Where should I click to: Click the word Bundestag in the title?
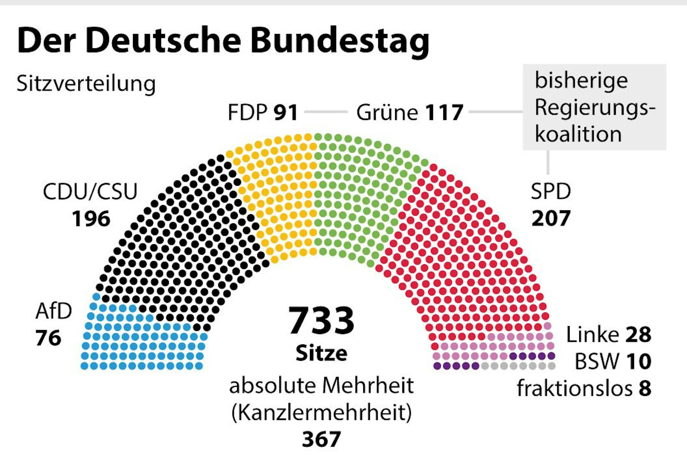pos(340,41)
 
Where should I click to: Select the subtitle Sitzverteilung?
pos(86,84)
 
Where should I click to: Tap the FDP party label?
pos(247,112)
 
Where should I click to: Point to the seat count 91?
pos(286,112)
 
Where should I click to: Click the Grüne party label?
pos(387,112)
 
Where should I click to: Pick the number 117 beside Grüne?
pos(444,112)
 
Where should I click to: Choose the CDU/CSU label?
pos(90,192)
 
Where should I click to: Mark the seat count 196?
pos(91,219)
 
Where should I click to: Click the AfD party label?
pos(54,311)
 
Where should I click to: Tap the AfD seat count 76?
pos(48,338)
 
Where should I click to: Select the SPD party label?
pos(551,191)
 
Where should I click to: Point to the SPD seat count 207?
pos(551,218)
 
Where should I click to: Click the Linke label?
pos(592,334)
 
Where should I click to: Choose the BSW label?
pos(597,362)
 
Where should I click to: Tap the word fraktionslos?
pos(574,388)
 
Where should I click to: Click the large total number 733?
pos(321,321)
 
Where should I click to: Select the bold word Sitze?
pos(321,353)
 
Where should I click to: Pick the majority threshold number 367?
pos(321,439)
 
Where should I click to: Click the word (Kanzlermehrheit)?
pos(321,413)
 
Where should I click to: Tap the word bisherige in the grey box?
pos(581,80)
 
